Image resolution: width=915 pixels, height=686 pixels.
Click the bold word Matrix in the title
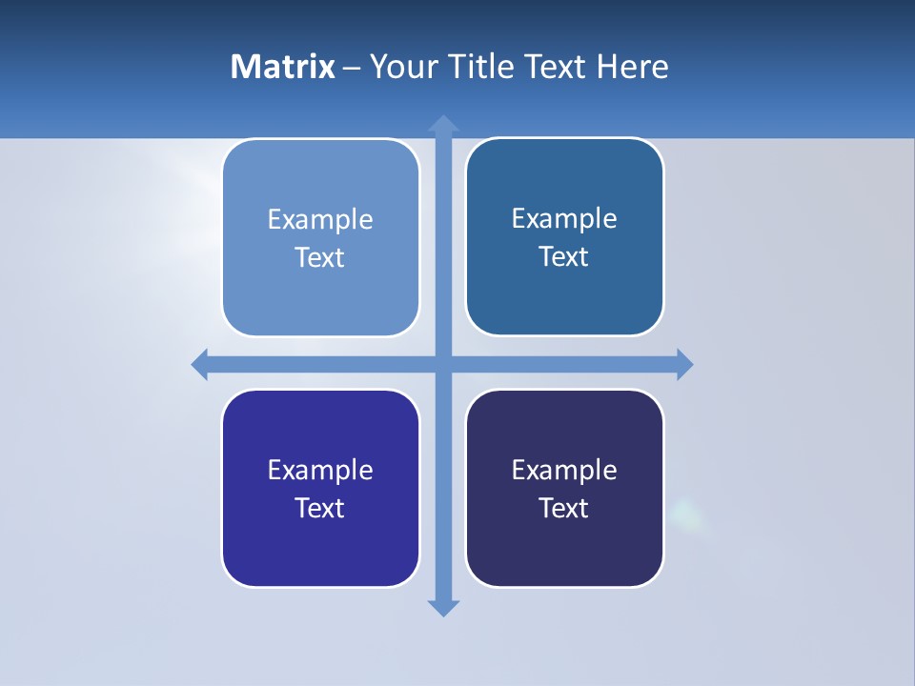[x=282, y=67]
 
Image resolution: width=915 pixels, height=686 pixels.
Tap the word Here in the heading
[x=632, y=67]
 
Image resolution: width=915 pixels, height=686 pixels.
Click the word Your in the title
[x=400, y=67]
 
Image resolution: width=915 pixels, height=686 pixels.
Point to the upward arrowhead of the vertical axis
[x=443, y=124]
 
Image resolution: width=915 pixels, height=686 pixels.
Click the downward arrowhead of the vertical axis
[x=443, y=608]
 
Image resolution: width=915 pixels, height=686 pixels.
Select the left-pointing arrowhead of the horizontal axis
[x=200, y=364]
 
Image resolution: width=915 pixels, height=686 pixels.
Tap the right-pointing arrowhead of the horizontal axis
[x=684, y=364]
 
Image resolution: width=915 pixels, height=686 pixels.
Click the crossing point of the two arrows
[x=443, y=364]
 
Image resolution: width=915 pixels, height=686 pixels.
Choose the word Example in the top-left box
[x=320, y=219]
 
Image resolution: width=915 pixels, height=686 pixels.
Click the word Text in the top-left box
[x=320, y=257]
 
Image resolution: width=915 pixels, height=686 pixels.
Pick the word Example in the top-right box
[x=564, y=218]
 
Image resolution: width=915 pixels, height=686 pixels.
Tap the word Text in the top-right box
[x=564, y=256]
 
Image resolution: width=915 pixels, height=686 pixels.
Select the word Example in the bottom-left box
[x=320, y=470]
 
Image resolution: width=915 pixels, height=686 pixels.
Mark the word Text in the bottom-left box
[x=320, y=508]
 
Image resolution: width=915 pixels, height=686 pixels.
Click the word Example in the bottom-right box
[x=564, y=470]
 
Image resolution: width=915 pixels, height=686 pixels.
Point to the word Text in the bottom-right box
[x=564, y=508]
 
